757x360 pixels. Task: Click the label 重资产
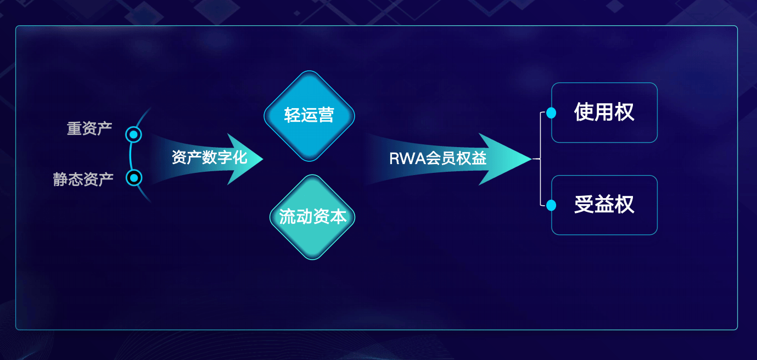(x=89, y=129)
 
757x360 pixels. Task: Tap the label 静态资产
(x=83, y=179)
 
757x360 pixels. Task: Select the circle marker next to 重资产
(x=133, y=134)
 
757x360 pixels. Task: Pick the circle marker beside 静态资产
(x=134, y=178)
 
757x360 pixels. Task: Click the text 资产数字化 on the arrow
(x=209, y=158)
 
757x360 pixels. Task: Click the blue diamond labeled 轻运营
(x=310, y=116)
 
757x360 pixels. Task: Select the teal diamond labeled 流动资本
(x=313, y=217)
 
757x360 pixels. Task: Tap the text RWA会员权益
(x=438, y=159)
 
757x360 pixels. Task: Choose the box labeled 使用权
(x=604, y=113)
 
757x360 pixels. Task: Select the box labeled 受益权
(x=604, y=205)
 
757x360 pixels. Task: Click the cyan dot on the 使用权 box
(x=551, y=113)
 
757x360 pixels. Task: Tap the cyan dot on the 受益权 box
(x=551, y=205)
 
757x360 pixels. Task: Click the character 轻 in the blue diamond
(x=293, y=116)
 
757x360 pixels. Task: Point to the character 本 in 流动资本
(x=339, y=217)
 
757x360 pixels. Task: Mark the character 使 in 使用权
(x=584, y=113)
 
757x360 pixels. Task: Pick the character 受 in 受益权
(x=584, y=205)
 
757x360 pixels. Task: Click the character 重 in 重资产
(x=74, y=129)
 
